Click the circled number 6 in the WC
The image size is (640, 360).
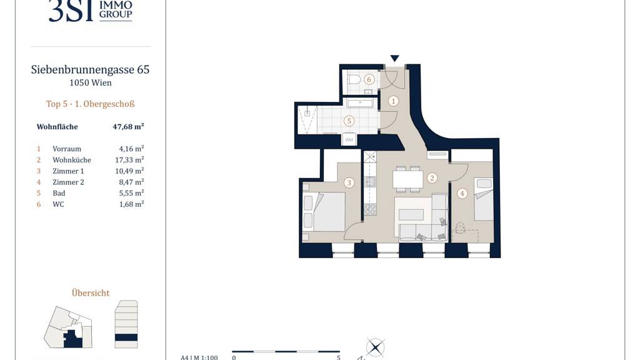click(369, 79)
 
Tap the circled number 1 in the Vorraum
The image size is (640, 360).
click(393, 101)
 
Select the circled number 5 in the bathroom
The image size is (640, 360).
click(349, 121)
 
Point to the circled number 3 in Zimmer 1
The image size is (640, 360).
click(349, 182)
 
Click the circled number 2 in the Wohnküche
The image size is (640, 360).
click(432, 178)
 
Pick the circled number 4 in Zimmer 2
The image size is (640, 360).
click(462, 194)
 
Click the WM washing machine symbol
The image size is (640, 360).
click(349, 139)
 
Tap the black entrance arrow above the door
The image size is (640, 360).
click(394, 58)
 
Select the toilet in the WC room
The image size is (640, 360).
click(354, 79)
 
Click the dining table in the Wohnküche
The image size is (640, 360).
click(407, 179)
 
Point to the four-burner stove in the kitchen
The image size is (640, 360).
click(370, 209)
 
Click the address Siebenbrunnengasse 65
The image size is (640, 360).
click(90, 70)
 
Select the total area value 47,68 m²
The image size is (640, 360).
click(128, 126)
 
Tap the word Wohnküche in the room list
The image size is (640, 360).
click(72, 160)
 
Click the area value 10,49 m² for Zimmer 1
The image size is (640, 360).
click(129, 171)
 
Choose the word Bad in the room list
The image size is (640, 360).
click(59, 193)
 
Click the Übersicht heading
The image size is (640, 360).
click(91, 293)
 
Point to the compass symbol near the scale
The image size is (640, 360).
click(375, 347)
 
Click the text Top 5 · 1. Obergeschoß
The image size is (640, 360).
click(90, 104)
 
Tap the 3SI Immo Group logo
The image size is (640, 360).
click(90, 11)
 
